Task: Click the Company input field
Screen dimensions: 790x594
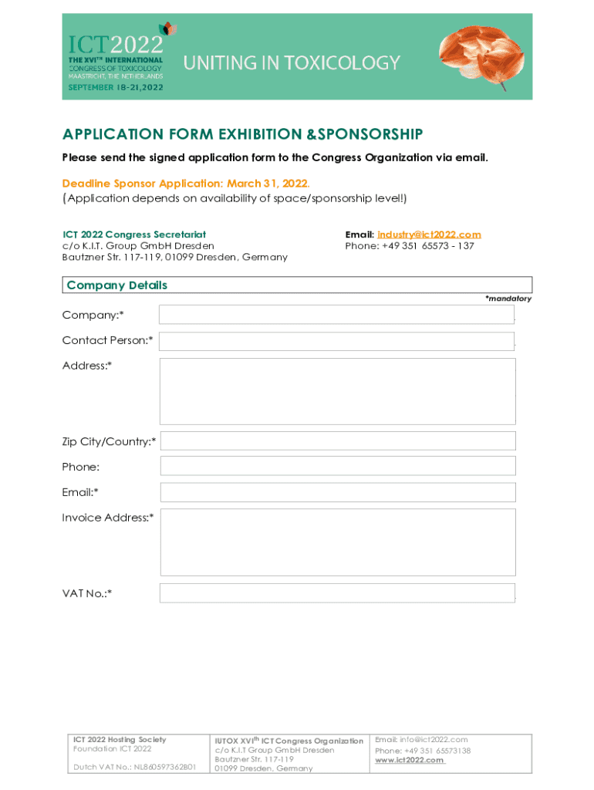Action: pos(336,315)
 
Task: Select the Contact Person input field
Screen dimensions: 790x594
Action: pos(336,341)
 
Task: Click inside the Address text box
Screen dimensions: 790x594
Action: pos(337,391)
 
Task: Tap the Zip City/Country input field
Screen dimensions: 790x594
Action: pos(337,441)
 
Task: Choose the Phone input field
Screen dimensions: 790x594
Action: pos(337,466)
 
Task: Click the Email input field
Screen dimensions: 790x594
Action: pos(337,492)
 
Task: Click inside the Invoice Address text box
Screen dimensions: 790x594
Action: pos(337,542)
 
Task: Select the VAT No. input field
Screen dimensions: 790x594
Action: pos(336,593)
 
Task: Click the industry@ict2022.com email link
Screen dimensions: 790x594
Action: pos(429,235)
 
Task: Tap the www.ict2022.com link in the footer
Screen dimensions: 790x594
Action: pos(410,760)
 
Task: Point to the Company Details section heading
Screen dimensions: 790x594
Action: pos(117,285)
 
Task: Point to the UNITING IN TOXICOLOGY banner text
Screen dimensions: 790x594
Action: pos(292,63)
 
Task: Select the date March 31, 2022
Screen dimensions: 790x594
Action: pos(268,184)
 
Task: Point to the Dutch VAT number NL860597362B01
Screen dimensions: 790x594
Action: pos(165,768)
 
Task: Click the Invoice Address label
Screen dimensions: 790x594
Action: pos(108,518)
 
